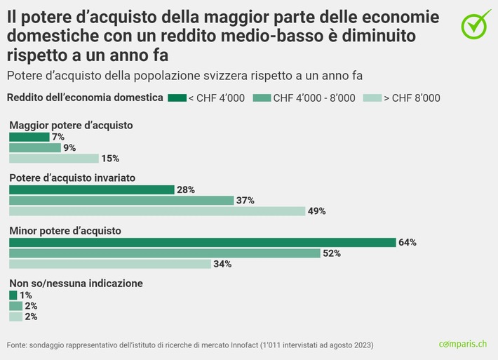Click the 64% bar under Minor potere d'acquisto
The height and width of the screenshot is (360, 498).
202,242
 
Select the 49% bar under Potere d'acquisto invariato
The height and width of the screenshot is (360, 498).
157,211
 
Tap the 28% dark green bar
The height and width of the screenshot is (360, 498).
91,189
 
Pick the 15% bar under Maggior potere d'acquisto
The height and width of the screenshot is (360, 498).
54,159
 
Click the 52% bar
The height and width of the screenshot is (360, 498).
165,253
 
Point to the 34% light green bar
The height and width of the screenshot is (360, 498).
110,264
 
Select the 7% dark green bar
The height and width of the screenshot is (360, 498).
29,137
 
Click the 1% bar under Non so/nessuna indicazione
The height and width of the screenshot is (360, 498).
13,295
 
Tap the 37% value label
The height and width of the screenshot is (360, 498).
245,201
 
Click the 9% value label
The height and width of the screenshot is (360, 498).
69,148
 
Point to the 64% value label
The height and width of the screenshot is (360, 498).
408,242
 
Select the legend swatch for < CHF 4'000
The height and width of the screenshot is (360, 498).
177,98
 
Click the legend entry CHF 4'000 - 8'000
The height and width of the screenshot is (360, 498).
314,98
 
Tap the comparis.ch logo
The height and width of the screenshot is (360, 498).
462,344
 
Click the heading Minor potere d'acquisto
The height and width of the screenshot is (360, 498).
65,230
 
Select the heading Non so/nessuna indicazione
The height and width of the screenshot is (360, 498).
76,284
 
